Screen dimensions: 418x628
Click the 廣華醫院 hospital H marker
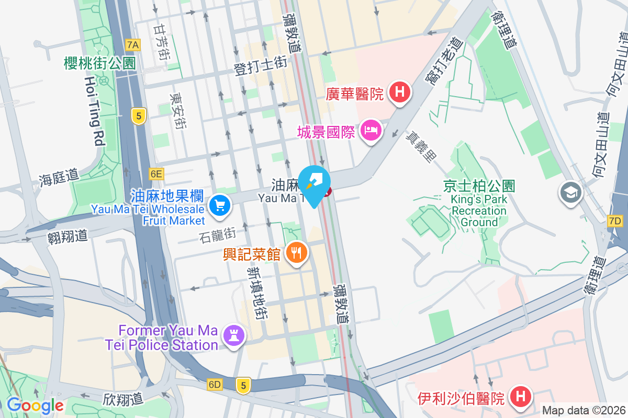[x=400, y=93]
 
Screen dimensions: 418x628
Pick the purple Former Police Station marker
[x=233, y=334]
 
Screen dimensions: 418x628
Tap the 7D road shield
[x=615, y=221]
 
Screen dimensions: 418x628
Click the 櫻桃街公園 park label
[x=99, y=64]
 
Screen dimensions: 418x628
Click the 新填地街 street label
[x=257, y=293]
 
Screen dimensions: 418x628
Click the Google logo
[x=35, y=405]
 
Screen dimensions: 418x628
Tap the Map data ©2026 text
[x=582, y=410]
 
